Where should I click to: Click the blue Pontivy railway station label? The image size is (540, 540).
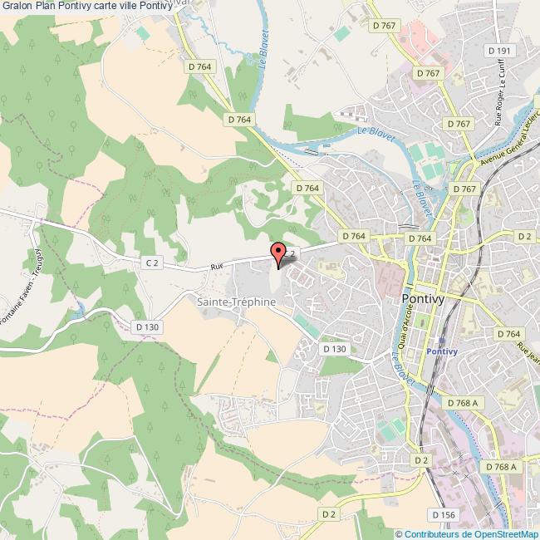pos(441,351)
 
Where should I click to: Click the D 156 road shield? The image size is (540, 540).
pos(446,515)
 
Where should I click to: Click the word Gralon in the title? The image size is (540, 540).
pos(17,6)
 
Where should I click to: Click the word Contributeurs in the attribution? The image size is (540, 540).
pos(432,533)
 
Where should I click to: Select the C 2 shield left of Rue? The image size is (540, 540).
pos(151,263)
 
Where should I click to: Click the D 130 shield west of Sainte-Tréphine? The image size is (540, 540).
pos(147,327)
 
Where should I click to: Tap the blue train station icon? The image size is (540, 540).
pos(441,340)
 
